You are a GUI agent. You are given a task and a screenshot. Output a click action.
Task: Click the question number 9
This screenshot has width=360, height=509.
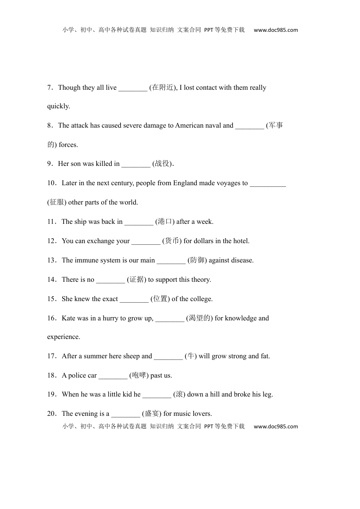coord(50,164)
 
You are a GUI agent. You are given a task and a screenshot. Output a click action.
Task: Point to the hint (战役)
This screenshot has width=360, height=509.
coord(163,164)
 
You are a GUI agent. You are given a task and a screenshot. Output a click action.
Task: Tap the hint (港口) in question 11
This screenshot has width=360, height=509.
coord(165,222)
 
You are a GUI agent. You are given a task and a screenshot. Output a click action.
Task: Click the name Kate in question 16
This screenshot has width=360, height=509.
coord(68,319)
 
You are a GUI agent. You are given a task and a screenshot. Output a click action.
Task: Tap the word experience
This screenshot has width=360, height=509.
coord(64,337)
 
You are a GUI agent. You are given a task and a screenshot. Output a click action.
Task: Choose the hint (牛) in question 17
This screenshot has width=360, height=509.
coord(191,356)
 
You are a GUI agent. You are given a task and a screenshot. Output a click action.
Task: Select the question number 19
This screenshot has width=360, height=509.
coord(52,395)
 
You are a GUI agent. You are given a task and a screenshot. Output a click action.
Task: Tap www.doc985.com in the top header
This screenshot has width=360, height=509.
coord(275,30)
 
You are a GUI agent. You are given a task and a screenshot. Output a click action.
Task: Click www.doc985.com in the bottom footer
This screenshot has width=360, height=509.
coord(275,427)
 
